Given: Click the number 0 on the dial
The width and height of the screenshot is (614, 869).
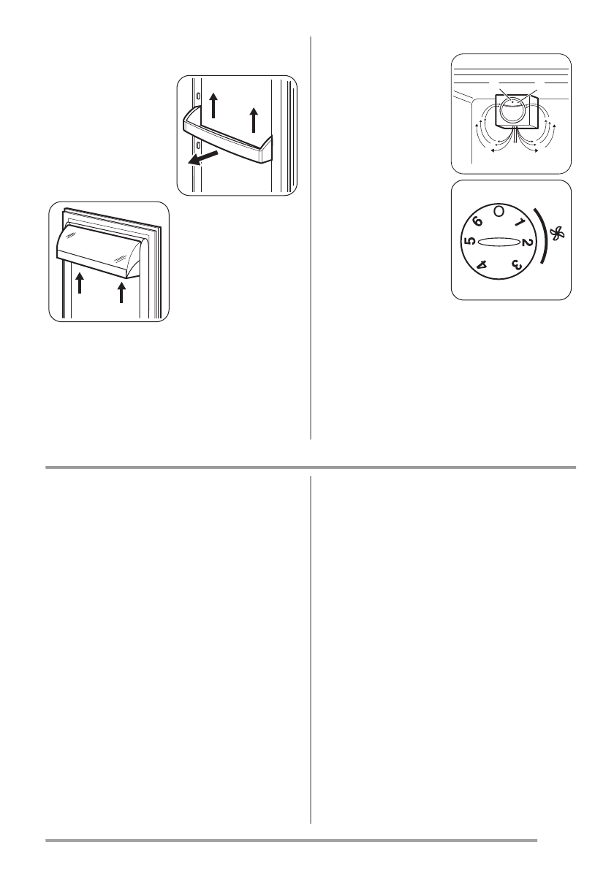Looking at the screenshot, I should [499, 211].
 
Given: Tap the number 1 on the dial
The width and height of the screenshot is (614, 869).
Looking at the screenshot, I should [520, 222].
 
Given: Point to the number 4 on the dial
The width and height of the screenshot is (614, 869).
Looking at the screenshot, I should [482, 266].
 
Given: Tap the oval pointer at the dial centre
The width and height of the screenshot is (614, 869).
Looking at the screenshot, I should [499, 244].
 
